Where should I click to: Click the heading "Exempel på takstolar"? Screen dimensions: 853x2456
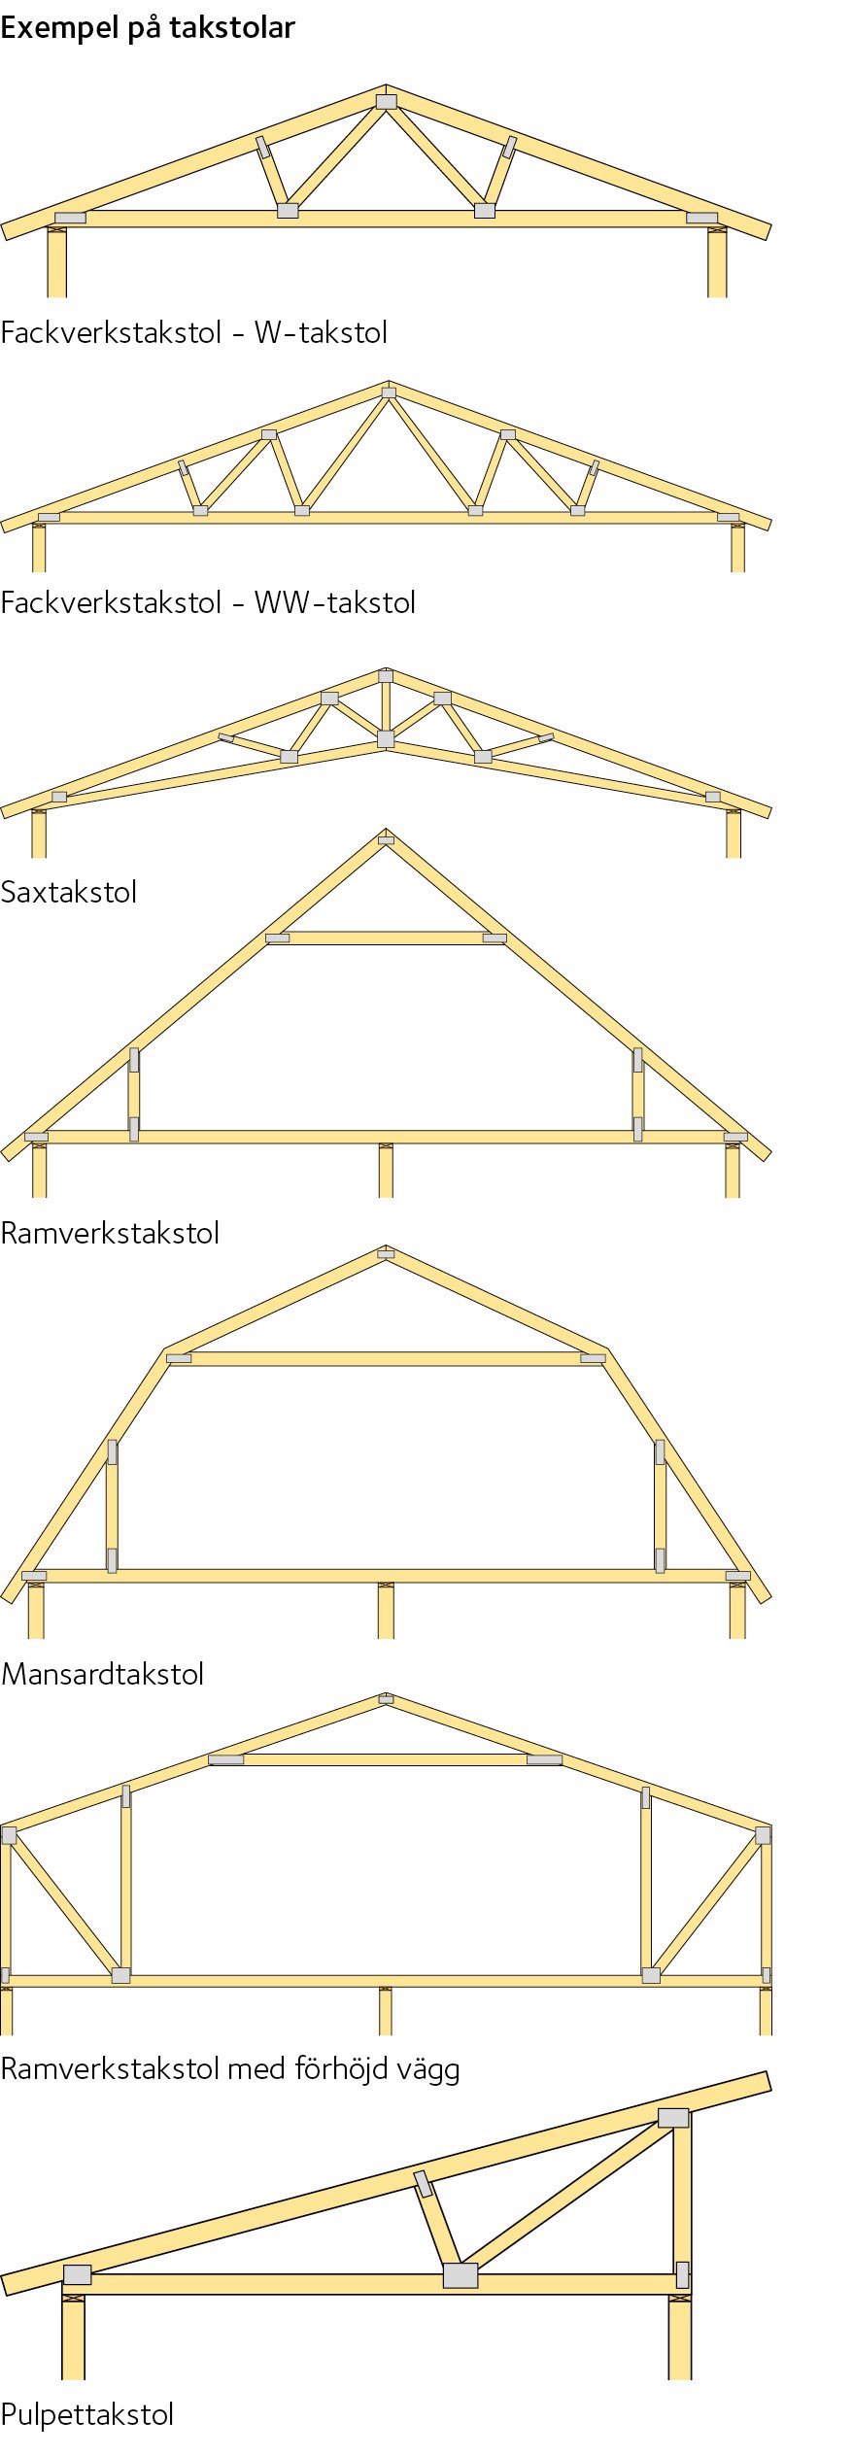(148, 28)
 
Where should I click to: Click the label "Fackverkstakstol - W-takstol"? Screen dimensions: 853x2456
(194, 333)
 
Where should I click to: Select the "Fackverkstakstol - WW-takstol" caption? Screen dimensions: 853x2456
(208, 602)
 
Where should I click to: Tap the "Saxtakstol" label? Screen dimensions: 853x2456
(69, 892)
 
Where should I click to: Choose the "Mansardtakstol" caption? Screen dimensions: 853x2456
(103, 1674)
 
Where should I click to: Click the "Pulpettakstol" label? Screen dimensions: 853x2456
(87, 2414)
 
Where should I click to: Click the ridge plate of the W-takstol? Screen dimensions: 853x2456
(387, 101)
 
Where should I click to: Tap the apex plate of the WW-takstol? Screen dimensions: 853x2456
(389, 392)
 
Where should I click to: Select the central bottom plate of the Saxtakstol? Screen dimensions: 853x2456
(386, 739)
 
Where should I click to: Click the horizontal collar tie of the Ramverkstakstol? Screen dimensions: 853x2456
(386, 938)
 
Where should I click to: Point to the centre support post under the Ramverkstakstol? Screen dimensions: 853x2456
(386, 1170)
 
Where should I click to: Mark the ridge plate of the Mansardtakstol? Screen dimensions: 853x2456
(386, 1254)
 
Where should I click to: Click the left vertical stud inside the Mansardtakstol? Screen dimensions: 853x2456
(112, 1506)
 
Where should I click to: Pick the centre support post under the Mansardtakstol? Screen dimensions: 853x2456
(386, 1610)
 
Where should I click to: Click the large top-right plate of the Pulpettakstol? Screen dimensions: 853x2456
(673, 2117)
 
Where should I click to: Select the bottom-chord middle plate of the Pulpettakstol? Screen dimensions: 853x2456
(461, 2275)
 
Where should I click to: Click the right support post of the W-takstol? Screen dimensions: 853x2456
(717, 261)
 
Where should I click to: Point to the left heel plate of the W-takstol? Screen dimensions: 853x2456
(70, 218)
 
